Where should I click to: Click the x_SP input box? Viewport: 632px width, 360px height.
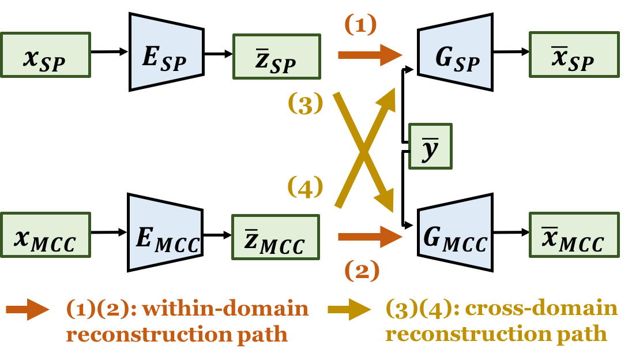click(x=46, y=55)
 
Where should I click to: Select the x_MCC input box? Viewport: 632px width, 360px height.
click(x=46, y=235)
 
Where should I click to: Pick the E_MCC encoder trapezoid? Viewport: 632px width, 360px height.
click(x=165, y=233)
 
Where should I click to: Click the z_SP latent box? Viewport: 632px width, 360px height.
click(x=276, y=56)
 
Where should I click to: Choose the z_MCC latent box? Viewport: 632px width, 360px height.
click(x=275, y=237)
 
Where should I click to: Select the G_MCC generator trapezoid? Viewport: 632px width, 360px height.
click(x=456, y=232)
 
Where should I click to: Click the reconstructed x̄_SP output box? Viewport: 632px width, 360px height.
click(x=574, y=55)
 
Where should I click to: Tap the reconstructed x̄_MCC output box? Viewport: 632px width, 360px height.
click(x=574, y=235)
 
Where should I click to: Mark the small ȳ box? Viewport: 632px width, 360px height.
click(x=430, y=146)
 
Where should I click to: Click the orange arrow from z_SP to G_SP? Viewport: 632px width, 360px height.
click(x=369, y=55)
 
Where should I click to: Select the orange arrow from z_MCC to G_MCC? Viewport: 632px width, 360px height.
click(x=369, y=236)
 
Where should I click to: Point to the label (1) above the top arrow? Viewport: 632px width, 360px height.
click(x=360, y=24)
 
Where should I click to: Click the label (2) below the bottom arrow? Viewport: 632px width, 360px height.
click(x=362, y=271)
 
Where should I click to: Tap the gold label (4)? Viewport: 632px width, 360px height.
click(x=305, y=187)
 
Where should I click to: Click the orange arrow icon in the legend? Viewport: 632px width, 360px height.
click(x=28, y=310)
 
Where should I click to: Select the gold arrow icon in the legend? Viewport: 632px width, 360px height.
click(x=349, y=310)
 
